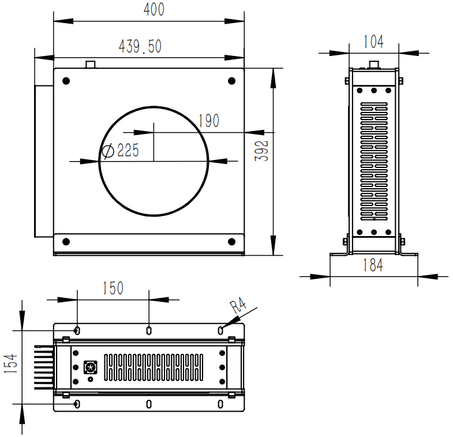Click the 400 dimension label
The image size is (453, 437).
coord(154,9)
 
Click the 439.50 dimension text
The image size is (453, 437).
coord(140,46)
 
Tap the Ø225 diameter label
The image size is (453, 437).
coord(121,150)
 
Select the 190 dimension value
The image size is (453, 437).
coord(209,121)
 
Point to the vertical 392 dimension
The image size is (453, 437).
coord(261,151)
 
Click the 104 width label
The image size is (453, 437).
coord(373,42)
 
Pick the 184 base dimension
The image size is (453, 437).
coord(373,265)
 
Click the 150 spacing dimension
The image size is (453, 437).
coord(113,288)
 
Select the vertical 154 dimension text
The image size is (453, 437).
coord(11,363)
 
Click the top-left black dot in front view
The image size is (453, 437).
coord(66,81)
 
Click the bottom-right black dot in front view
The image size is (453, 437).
coord(232,242)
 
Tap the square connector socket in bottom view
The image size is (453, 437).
coord(91,367)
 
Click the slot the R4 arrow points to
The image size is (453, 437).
coord(220,330)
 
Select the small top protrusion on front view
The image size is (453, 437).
coord(91,65)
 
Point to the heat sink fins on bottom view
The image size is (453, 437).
coord(44,367)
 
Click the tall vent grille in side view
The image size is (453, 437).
coord(374,161)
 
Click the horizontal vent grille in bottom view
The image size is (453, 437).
coord(154,367)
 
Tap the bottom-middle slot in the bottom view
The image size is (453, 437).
coord(149,404)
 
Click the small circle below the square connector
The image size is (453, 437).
coord(91,379)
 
